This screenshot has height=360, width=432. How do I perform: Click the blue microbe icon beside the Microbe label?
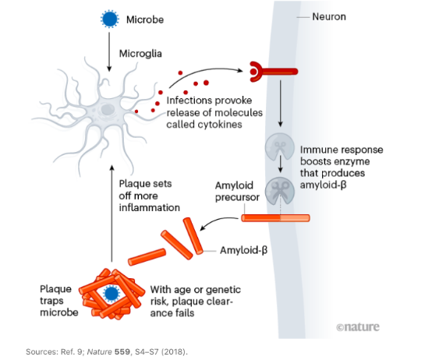click(x=110, y=19)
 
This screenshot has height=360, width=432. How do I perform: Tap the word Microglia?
click(x=140, y=54)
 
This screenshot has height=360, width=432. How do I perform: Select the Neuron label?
click(x=329, y=17)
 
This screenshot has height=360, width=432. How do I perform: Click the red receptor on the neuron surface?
click(x=273, y=72)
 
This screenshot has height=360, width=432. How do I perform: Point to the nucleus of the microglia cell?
click(x=107, y=109)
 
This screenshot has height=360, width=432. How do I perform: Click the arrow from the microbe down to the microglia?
click(x=109, y=51)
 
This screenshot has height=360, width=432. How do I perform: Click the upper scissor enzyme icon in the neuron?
click(x=280, y=146)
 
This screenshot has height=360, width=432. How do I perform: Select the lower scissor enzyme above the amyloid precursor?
click(x=280, y=191)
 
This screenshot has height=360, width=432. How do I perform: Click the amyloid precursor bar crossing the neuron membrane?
click(x=275, y=218)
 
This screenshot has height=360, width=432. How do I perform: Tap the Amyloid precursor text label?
click(x=237, y=191)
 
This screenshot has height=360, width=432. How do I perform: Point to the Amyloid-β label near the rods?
click(x=243, y=250)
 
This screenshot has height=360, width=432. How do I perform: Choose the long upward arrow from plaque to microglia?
click(x=112, y=214)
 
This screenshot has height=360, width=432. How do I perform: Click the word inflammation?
click(x=149, y=208)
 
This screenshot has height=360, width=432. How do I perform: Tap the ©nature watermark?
click(x=358, y=326)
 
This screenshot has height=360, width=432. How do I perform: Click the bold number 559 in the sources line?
click(x=122, y=351)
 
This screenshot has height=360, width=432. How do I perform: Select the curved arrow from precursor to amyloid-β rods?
click(x=219, y=222)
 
